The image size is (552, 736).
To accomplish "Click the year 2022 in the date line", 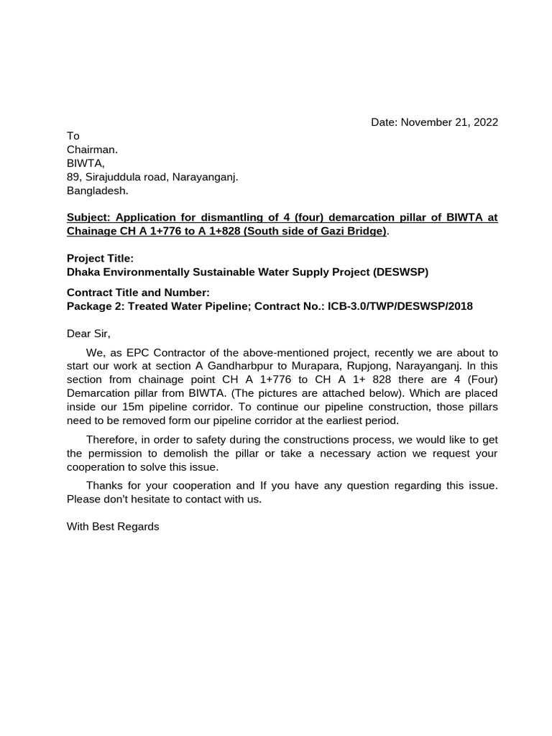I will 484,122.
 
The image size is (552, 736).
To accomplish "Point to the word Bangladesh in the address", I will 97,190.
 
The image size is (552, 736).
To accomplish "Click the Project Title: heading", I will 100,258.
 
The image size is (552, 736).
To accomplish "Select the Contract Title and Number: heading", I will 138,293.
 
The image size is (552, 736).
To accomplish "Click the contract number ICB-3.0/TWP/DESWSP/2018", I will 400,306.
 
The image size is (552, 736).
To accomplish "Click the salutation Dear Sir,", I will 89,333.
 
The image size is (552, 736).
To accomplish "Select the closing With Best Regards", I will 113,526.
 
